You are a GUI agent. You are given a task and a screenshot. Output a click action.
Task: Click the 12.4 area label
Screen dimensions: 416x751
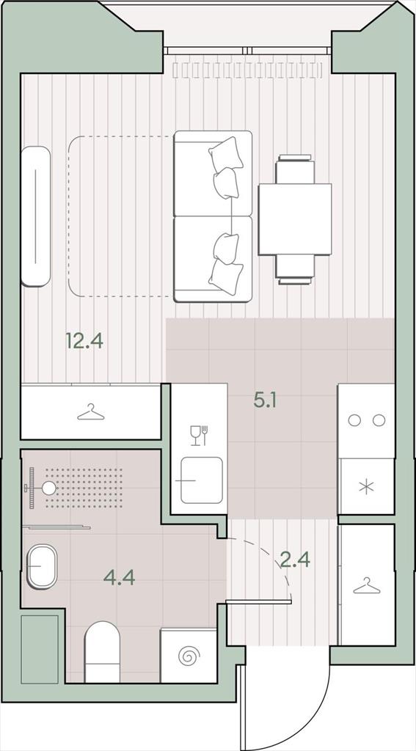click(x=84, y=342)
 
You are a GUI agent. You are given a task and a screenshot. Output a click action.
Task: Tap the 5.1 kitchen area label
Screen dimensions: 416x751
click(x=265, y=400)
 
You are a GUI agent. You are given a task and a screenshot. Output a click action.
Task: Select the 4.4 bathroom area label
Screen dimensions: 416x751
click(x=120, y=578)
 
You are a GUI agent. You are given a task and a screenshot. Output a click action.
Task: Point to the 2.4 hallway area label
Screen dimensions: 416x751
click(x=295, y=559)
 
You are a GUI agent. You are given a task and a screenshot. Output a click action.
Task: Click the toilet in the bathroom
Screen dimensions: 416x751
click(x=102, y=651)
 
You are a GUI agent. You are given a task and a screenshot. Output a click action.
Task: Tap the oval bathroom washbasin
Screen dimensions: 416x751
click(x=42, y=566)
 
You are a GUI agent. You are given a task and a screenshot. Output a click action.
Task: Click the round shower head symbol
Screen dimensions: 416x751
click(x=49, y=488)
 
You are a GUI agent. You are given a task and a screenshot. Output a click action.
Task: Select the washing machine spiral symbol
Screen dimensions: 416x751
click(x=188, y=656)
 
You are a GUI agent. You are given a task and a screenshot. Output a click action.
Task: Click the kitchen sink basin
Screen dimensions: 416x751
click(x=201, y=480)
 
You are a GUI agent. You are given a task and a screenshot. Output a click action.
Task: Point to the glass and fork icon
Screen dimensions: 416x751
click(x=199, y=435)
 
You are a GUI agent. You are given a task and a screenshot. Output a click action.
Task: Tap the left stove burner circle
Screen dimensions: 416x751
click(x=354, y=420)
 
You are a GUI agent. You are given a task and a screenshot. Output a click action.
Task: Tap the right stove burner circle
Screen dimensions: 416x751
click(x=379, y=420)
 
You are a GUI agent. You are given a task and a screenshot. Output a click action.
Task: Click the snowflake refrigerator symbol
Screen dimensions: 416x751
click(x=366, y=488)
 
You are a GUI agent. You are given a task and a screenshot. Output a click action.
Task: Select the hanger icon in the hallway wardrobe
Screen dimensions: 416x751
click(x=367, y=586)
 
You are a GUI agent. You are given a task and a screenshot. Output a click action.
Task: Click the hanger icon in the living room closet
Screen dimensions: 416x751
click(x=90, y=412)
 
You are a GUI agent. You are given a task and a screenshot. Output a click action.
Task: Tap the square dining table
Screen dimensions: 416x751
click(x=295, y=219)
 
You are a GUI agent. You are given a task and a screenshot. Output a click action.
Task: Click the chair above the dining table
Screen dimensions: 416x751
click(x=295, y=169)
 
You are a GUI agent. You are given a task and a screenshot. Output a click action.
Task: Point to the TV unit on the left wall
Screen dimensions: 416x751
click(x=35, y=216)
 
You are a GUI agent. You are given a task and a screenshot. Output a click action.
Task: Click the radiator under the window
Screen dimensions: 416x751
click(x=247, y=70)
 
